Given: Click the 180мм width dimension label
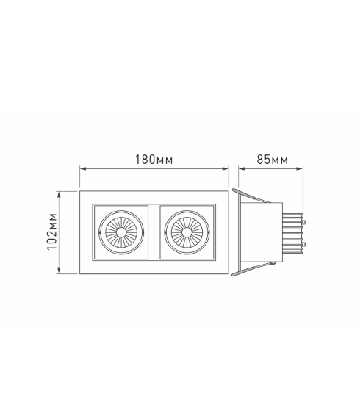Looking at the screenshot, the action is pyautogui.click(x=154, y=160).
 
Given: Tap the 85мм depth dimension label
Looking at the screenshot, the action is pyautogui.click(x=273, y=160).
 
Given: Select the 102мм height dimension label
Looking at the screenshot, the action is pyautogui.click(x=52, y=232).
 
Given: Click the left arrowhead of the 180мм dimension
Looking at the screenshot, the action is pyautogui.click(x=83, y=168).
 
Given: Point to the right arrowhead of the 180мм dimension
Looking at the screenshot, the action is pyautogui.click(x=226, y=168).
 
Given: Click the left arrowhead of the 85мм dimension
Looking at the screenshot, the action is pyautogui.click(x=242, y=168).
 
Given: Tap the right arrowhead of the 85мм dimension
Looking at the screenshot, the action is pyautogui.click(x=300, y=168).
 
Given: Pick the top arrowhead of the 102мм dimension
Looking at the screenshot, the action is pyautogui.click(x=60, y=194).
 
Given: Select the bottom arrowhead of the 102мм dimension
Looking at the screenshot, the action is pyautogui.click(x=60, y=271).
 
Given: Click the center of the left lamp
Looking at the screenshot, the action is pyautogui.click(x=121, y=232).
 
